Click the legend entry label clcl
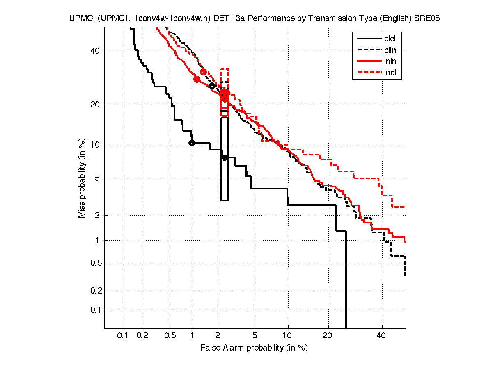click(390, 39)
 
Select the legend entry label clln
click(390, 50)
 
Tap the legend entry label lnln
click(390, 62)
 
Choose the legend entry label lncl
click(390, 73)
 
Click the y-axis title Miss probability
click(82, 179)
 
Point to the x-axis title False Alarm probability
click(254, 348)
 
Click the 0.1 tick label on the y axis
click(94, 310)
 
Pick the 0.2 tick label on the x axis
click(142, 336)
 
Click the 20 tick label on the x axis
click(327, 336)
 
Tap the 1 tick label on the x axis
click(193, 336)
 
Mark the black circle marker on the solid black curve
click(192, 143)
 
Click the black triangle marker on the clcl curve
click(225, 157)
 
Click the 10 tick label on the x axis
click(288, 336)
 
